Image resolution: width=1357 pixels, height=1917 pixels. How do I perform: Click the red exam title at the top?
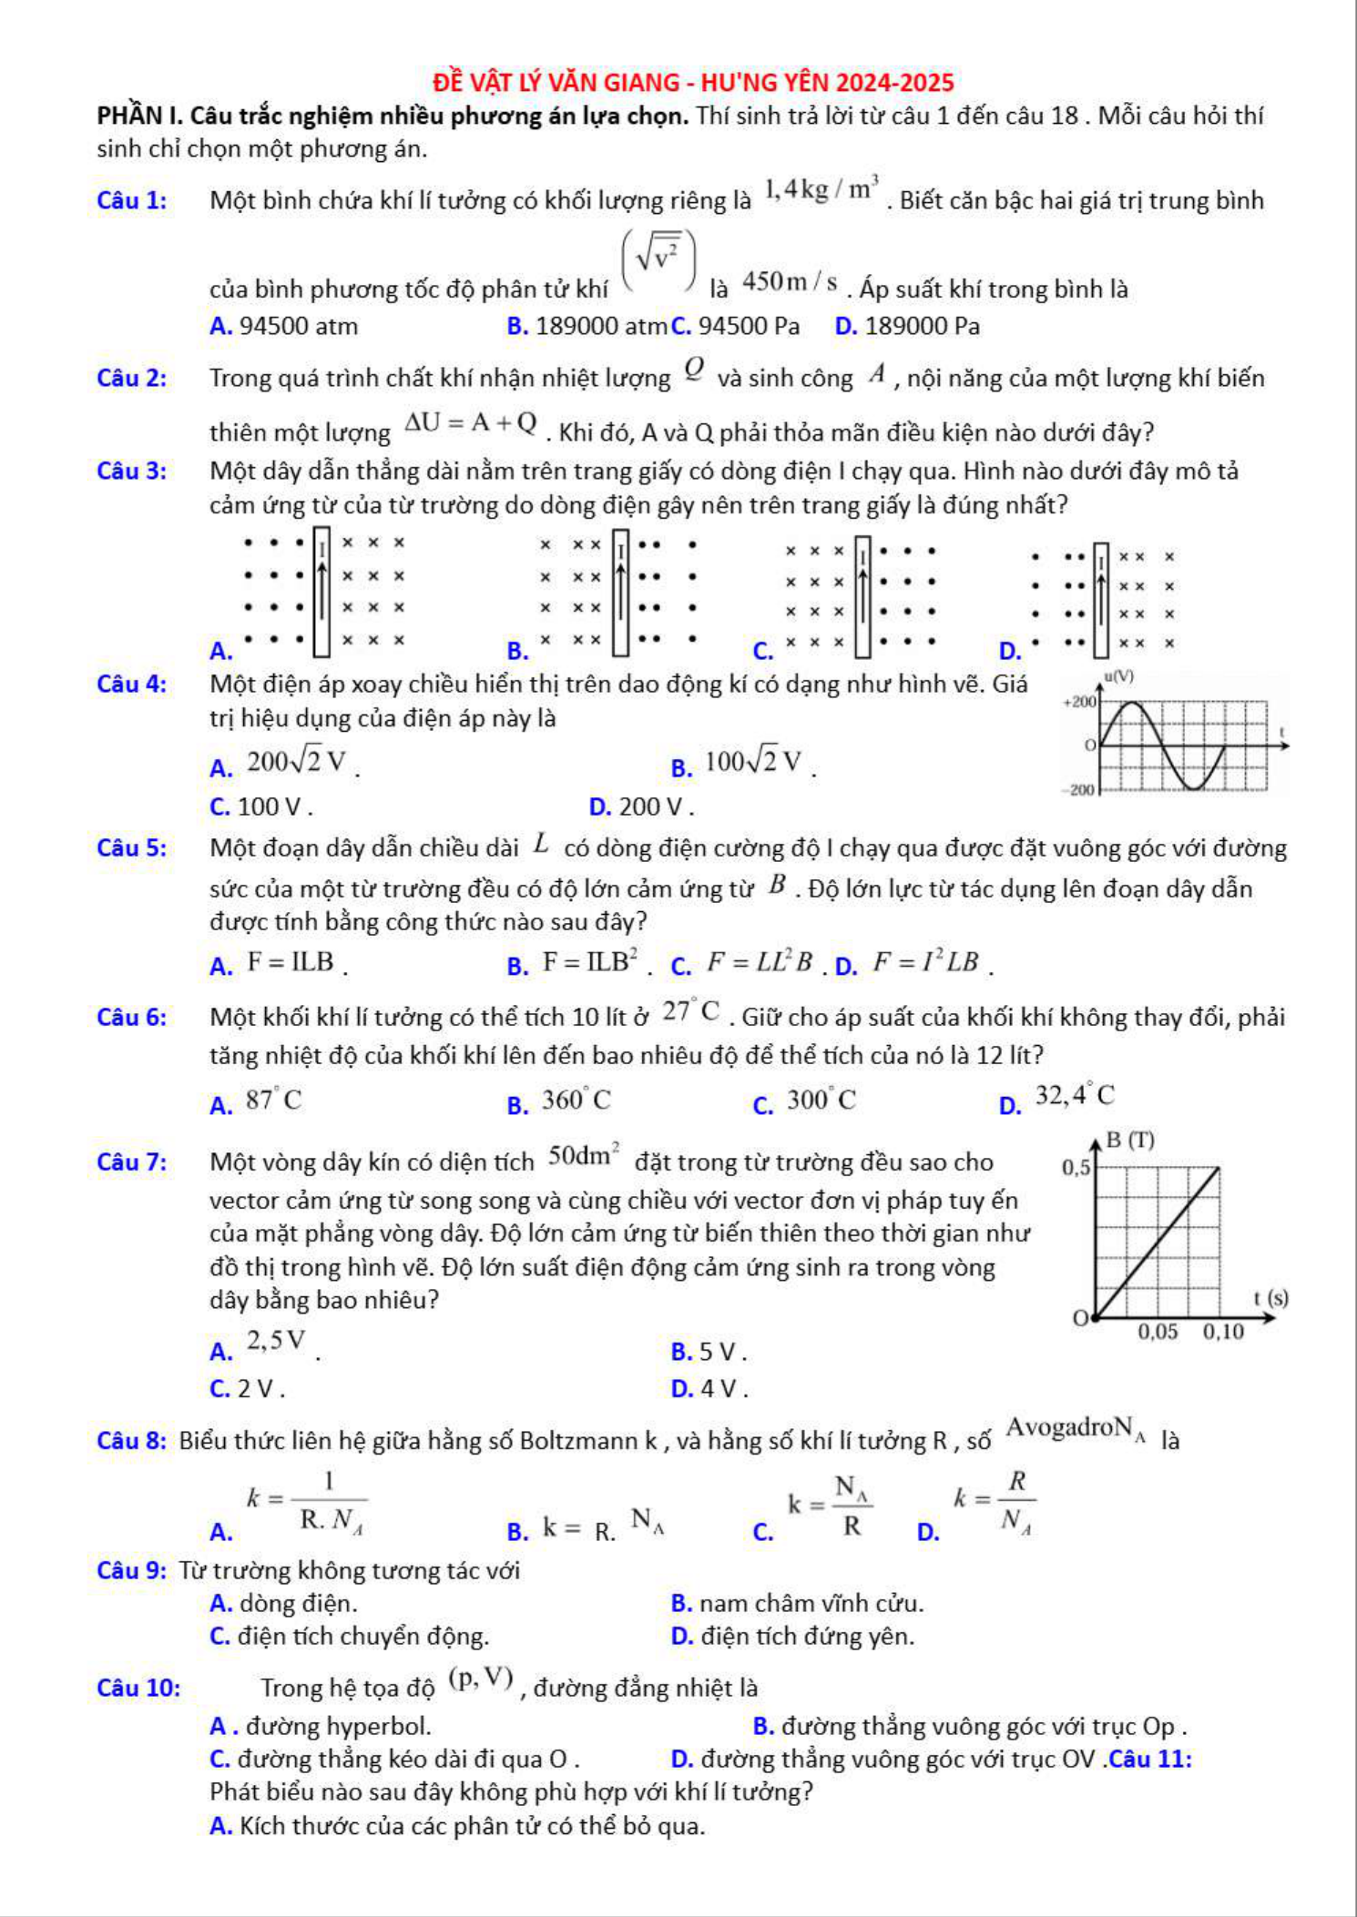tap(693, 83)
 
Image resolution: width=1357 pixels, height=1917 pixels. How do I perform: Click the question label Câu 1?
tap(132, 200)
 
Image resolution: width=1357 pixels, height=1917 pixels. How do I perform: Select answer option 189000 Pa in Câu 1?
tap(922, 326)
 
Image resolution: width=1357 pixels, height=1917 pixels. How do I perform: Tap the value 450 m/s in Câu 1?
tap(790, 282)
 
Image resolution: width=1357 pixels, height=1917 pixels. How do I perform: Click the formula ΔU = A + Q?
tap(471, 423)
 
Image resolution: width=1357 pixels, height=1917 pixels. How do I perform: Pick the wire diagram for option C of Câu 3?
tap(861, 596)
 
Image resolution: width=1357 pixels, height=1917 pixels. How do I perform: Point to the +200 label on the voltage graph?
tap(1080, 702)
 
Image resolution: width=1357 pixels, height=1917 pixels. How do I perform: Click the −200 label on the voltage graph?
tap(1080, 790)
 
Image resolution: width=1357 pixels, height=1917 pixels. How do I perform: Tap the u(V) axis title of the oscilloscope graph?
tap(1118, 676)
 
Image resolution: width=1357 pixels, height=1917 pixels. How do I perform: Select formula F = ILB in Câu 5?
tap(291, 962)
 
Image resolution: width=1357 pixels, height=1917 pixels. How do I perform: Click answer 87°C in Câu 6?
tap(273, 1100)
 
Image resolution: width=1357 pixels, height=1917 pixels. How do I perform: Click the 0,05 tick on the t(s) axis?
tap(1158, 1332)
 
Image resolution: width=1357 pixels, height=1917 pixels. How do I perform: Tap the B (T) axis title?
tap(1129, 1141)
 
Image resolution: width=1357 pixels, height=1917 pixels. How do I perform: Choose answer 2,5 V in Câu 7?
tap(276, 1341)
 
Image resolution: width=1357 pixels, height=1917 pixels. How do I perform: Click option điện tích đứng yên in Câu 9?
tap(807, 1636)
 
